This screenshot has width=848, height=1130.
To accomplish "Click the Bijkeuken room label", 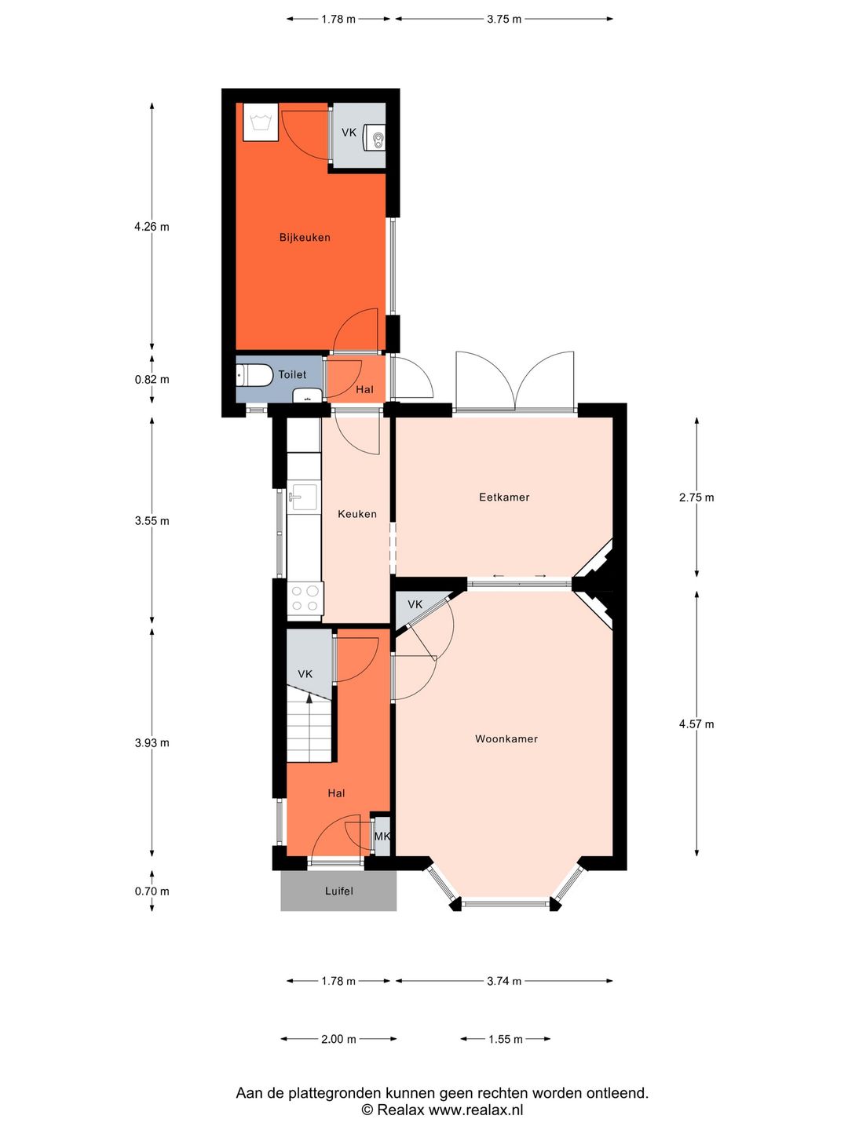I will coord(305,237).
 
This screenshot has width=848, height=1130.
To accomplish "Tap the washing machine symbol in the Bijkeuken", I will coord(261,122).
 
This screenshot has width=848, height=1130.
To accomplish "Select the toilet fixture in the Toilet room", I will coord(254,375).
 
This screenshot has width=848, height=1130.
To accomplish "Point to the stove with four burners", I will coord(305,598).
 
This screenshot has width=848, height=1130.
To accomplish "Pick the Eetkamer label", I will coord(504,497).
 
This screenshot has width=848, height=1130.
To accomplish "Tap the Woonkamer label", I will coord(506,738).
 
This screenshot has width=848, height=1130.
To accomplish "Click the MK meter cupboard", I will coord(382,837).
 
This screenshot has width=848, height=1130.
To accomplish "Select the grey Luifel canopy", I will coord(338,891).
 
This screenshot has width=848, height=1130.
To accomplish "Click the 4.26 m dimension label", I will coord(152,227).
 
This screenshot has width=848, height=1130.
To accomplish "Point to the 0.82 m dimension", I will coord(152,379).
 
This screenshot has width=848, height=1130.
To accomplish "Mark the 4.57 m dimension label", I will coord(696,724).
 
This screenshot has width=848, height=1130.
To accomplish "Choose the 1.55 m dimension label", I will coord(505,1039).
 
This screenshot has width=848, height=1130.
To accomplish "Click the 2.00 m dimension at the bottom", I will coord(338,1039).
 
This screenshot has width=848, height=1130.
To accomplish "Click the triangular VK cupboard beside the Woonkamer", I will coord(414,605).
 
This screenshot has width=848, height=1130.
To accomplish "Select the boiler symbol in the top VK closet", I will coord(378,139).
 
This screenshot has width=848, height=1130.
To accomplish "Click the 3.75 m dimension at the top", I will coord(504,19).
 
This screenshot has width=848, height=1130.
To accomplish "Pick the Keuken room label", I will coord(357,514).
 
